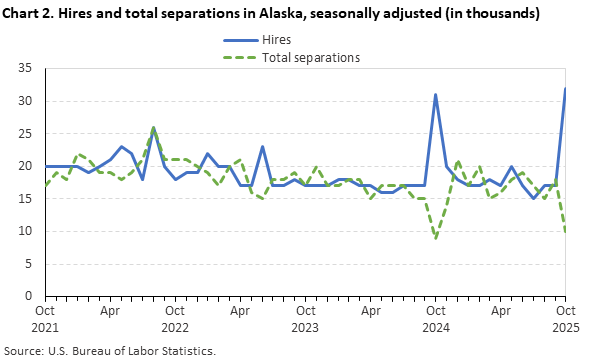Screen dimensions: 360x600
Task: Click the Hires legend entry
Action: click(277, 40)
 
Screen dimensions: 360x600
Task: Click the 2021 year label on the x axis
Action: click(45, 327)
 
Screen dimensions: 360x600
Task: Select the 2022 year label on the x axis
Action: click(176, 327)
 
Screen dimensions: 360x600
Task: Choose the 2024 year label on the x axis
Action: click(436, 327)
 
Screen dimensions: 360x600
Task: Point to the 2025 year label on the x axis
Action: click(567, 327)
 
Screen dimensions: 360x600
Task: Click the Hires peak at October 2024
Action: click(436, 95)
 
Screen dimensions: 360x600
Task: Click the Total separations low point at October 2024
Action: click(436, 238)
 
